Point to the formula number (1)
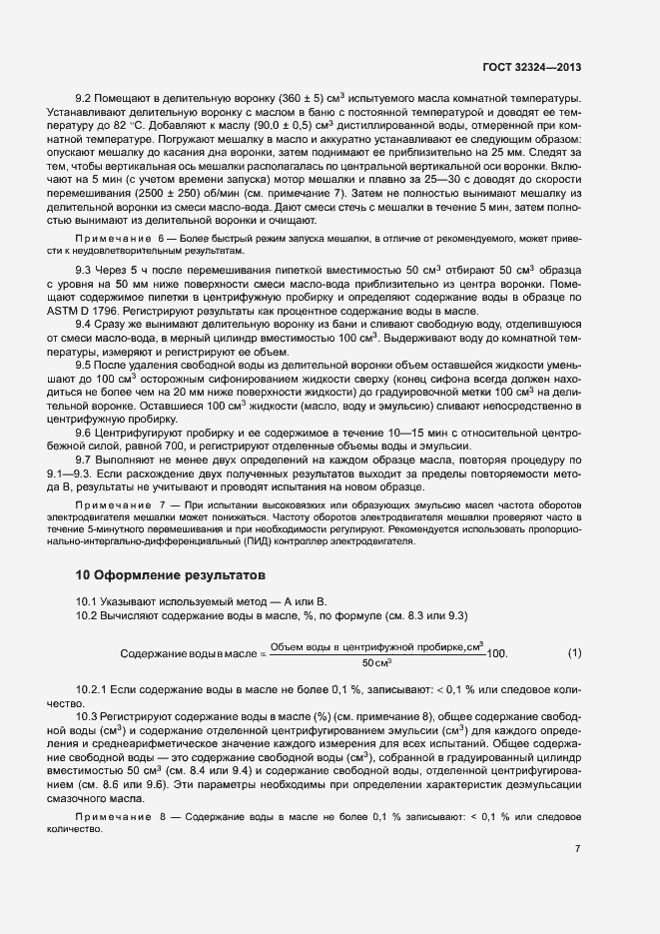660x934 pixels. [574, 653]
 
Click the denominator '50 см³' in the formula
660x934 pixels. [376, 663]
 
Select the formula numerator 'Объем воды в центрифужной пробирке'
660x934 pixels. [377, 645]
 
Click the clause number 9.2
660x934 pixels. [85, 100]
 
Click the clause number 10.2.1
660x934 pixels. [93, 691]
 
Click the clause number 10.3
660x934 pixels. [87, 718]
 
